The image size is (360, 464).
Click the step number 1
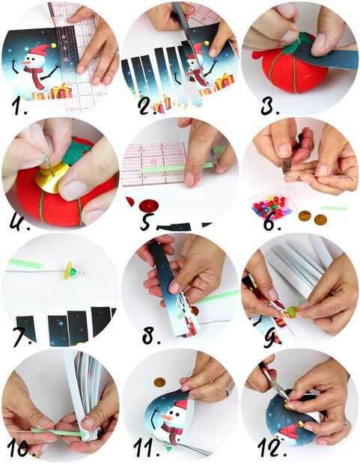(x=19, y=106)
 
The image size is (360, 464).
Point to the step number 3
(x=269, y=106)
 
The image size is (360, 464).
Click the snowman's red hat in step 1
(x=39, y=49)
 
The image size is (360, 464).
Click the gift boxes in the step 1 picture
(x=52, y=92)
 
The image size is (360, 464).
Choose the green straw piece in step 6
(x=334, y=208)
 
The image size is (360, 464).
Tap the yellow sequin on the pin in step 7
(x=70, y=271)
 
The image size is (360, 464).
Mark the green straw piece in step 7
(x=25, y=263)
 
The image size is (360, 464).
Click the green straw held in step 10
(x=58, y=432)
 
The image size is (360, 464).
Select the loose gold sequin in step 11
(x=159, y=382)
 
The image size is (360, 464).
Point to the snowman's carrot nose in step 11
(x=167, y=418)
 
